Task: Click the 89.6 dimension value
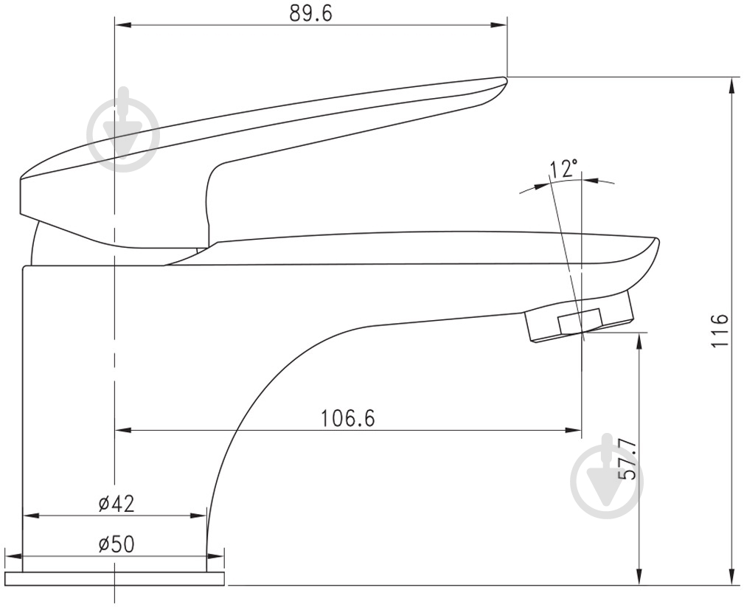[x=310, y=13]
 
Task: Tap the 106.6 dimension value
[x=348, y=418]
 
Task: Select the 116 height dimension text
[x=720, y=330]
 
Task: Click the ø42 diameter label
[x=117, y=504]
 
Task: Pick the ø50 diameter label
[x=117, y=544]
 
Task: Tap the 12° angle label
[x=563, y=168]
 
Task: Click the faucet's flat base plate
[x=114, y=578]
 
